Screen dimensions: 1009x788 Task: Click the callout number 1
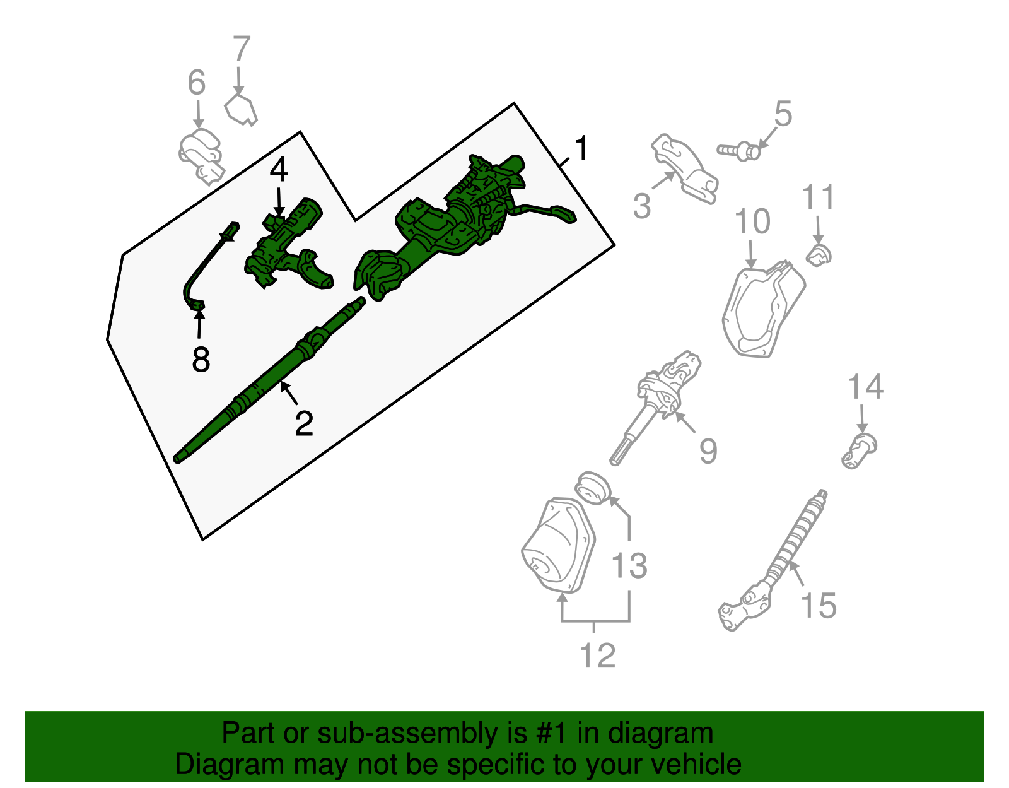tap(582, 148)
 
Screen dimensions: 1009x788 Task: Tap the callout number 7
tap(242, 49)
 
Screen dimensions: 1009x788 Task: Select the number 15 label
tap(819, 605)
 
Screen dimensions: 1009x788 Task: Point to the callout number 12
tap(598, 656)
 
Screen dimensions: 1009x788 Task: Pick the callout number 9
tap(709, 450)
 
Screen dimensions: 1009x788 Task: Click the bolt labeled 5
tap(738, 151)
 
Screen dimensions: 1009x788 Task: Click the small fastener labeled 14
tap(859, 450)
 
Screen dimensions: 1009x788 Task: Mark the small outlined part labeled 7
tap(240, 110)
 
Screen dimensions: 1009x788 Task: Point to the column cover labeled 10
tap(764, 309)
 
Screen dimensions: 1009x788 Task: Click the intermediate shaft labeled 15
tap(774, 560)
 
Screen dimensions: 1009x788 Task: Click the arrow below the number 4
tap(279, 201)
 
